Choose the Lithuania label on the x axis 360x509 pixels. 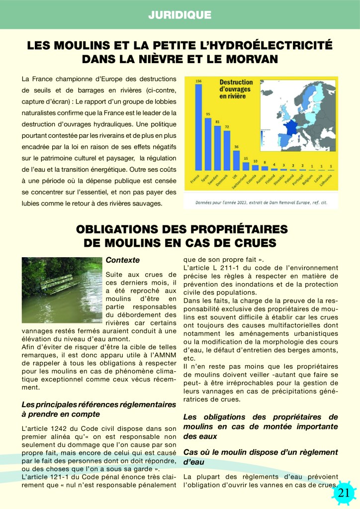pos(331,181)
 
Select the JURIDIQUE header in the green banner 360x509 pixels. pos(180,15)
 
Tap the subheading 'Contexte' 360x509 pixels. pos(123,260)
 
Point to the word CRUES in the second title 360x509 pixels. pos(251,243)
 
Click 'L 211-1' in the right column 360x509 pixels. pos(230,269)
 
